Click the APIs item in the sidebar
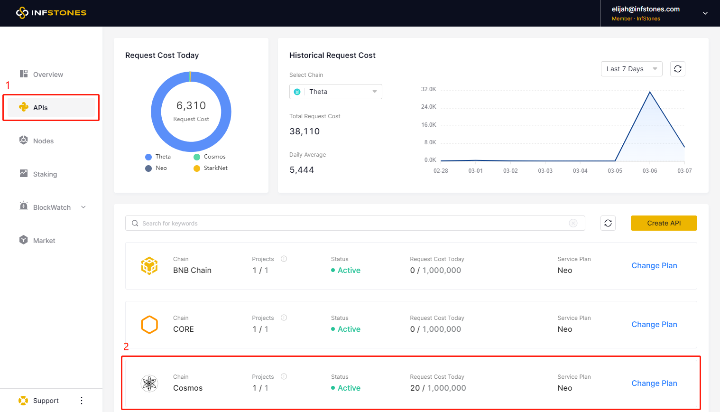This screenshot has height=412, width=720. click(40, 108)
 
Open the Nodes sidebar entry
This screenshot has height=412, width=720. click(43, 141)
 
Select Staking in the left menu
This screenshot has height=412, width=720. click(45, 174)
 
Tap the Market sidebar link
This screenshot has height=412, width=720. click(44, 241)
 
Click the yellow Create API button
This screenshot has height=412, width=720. click(664, 223)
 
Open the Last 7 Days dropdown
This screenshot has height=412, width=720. click(631, 69)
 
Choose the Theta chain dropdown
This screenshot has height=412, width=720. click(335, 92)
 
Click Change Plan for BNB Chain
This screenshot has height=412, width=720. click(654, 266)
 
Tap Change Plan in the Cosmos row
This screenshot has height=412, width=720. click(654, 384)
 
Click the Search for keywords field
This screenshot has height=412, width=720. click(351, 223)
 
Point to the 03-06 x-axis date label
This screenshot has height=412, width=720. click(650, 171)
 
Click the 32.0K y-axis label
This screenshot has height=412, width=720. click(428, 89)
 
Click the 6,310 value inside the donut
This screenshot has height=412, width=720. click(191, 105)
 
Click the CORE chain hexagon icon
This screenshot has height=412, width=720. click(149, 325)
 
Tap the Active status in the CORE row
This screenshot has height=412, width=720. click(349, 329)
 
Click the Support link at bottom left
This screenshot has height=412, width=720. click(46, 401)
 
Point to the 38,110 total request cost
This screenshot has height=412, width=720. click(305, 131)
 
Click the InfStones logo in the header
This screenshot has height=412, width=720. click(51, 13)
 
